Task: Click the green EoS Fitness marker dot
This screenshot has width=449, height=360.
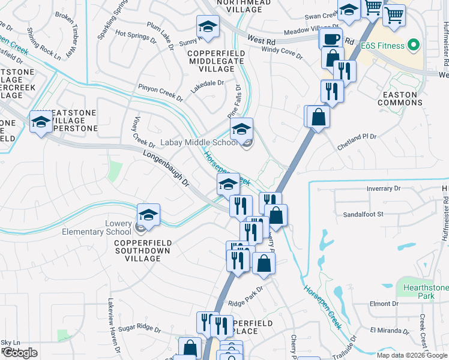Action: tap(413, 46)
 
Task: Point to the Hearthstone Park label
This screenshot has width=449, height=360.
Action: tap(427, 292)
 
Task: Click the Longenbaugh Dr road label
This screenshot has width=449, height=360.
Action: tap(165, 167)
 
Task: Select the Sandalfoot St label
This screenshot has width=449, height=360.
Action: tap(363, 214)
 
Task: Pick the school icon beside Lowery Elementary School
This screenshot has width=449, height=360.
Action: tap(149, 215)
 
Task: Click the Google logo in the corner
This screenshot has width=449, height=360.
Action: tap(20, 353)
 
